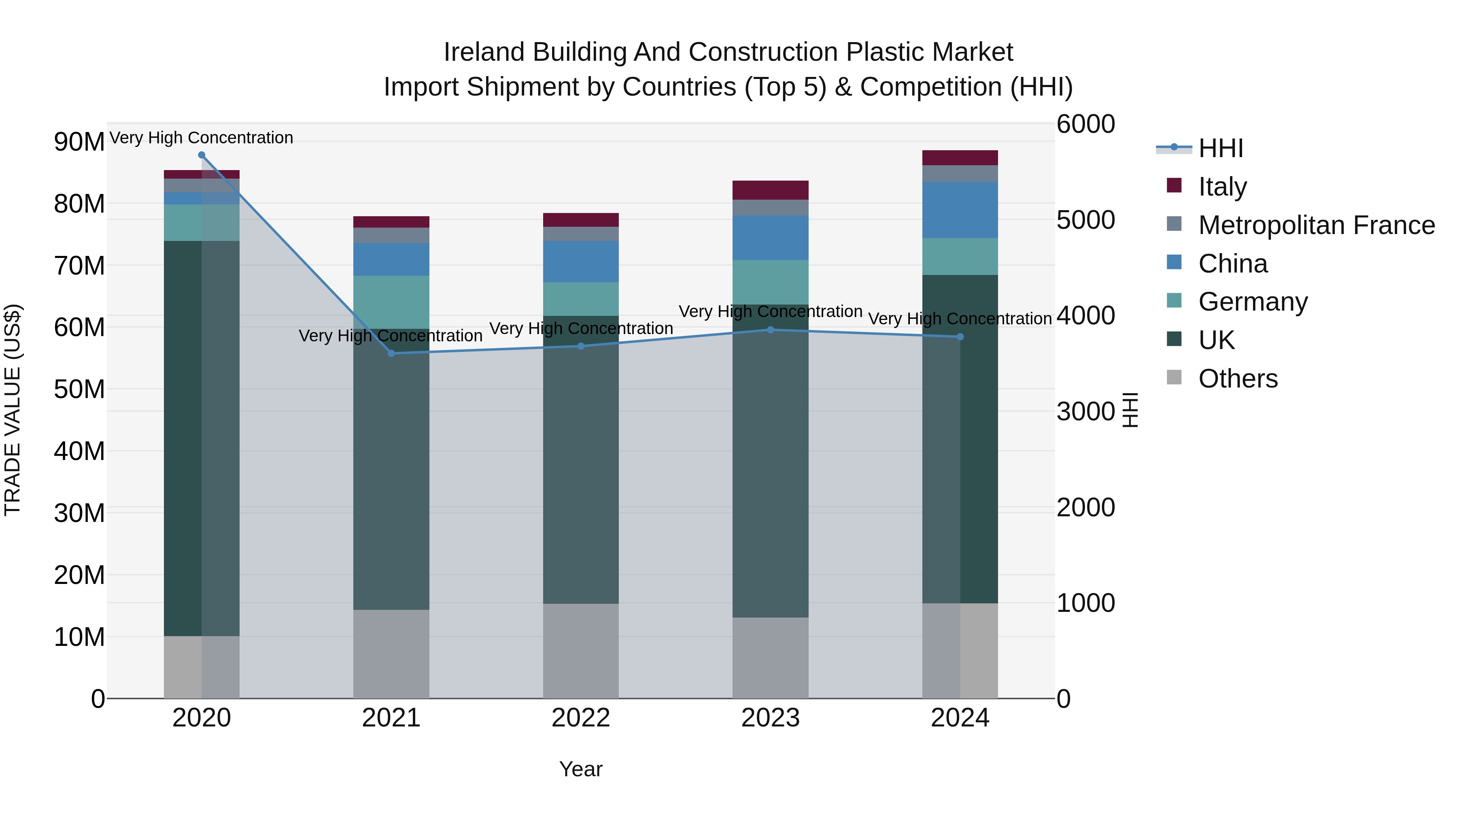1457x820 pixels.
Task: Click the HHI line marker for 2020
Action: point(202,155)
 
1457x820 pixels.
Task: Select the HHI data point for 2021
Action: point(391,353)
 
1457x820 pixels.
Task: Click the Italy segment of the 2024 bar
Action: point(960,158)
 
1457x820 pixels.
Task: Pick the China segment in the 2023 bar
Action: point(770,238)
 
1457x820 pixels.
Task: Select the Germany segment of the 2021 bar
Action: point(391,302)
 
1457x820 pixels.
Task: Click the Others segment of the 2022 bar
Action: point(581,651)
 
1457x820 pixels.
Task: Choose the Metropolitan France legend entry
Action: point(1316,225)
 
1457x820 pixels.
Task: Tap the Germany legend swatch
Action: point(1174,300)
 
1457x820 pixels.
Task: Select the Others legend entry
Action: point(1238,379)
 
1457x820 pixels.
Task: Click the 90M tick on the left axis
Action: point(79,141)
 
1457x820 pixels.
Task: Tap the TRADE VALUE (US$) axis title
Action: point(13,410)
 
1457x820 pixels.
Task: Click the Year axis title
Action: point(581,769)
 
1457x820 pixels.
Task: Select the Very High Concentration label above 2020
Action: point(202,138)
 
